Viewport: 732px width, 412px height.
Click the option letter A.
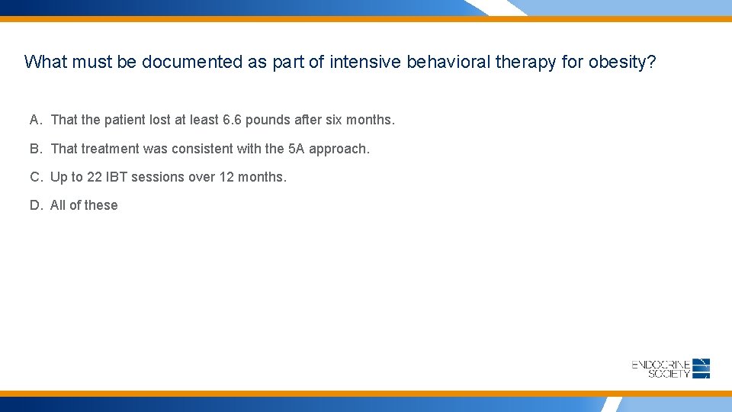(35, 120)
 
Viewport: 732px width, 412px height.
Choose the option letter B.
(35, 149)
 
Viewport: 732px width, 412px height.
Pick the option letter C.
(35, 177)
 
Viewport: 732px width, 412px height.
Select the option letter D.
(35, 205)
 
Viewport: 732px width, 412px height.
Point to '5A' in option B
(296, 149)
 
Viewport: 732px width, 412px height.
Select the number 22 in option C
(94, 177)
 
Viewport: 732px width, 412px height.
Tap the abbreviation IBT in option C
(117, 177)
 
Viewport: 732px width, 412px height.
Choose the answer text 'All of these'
(84, 205)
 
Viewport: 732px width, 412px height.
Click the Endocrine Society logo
(671, 369)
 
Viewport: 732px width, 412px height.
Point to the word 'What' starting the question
(43, 62)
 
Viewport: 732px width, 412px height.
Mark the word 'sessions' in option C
(158, 177)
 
